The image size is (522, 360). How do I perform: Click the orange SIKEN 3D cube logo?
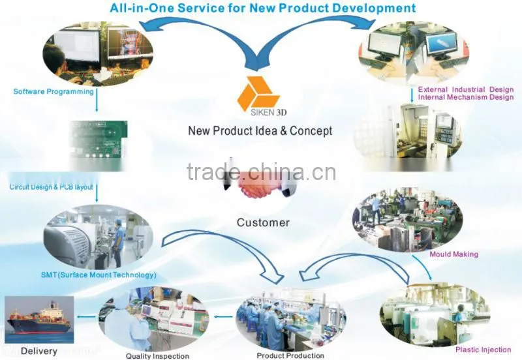coord(258,93)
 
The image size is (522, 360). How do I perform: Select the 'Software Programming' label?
coord(54,91)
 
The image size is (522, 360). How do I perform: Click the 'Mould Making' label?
coord(453,254)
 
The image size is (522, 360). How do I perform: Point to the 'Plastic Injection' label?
coord(483,350)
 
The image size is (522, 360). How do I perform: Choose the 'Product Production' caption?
coord(290,355)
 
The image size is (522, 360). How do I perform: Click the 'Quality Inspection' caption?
coord(157,356)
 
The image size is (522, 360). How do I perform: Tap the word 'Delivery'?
coord(39,351)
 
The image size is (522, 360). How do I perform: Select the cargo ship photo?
coord(39,320)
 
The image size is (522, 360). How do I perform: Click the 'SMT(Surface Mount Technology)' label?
coord(99,275)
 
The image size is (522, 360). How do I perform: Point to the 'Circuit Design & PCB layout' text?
coord(52,187)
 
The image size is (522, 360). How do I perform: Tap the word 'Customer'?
coord(263,222)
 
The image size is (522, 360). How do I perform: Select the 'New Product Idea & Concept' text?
coord(260,130)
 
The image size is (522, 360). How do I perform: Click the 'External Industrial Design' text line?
coord(466,89)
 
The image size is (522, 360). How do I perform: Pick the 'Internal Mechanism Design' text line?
coord(466,97)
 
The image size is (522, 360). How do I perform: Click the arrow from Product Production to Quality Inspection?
coord(223,316)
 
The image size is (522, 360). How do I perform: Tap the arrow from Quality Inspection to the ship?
coord(86,316)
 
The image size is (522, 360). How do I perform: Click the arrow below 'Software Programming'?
coord(97,100)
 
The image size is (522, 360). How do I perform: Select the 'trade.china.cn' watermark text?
coord(262,172)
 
